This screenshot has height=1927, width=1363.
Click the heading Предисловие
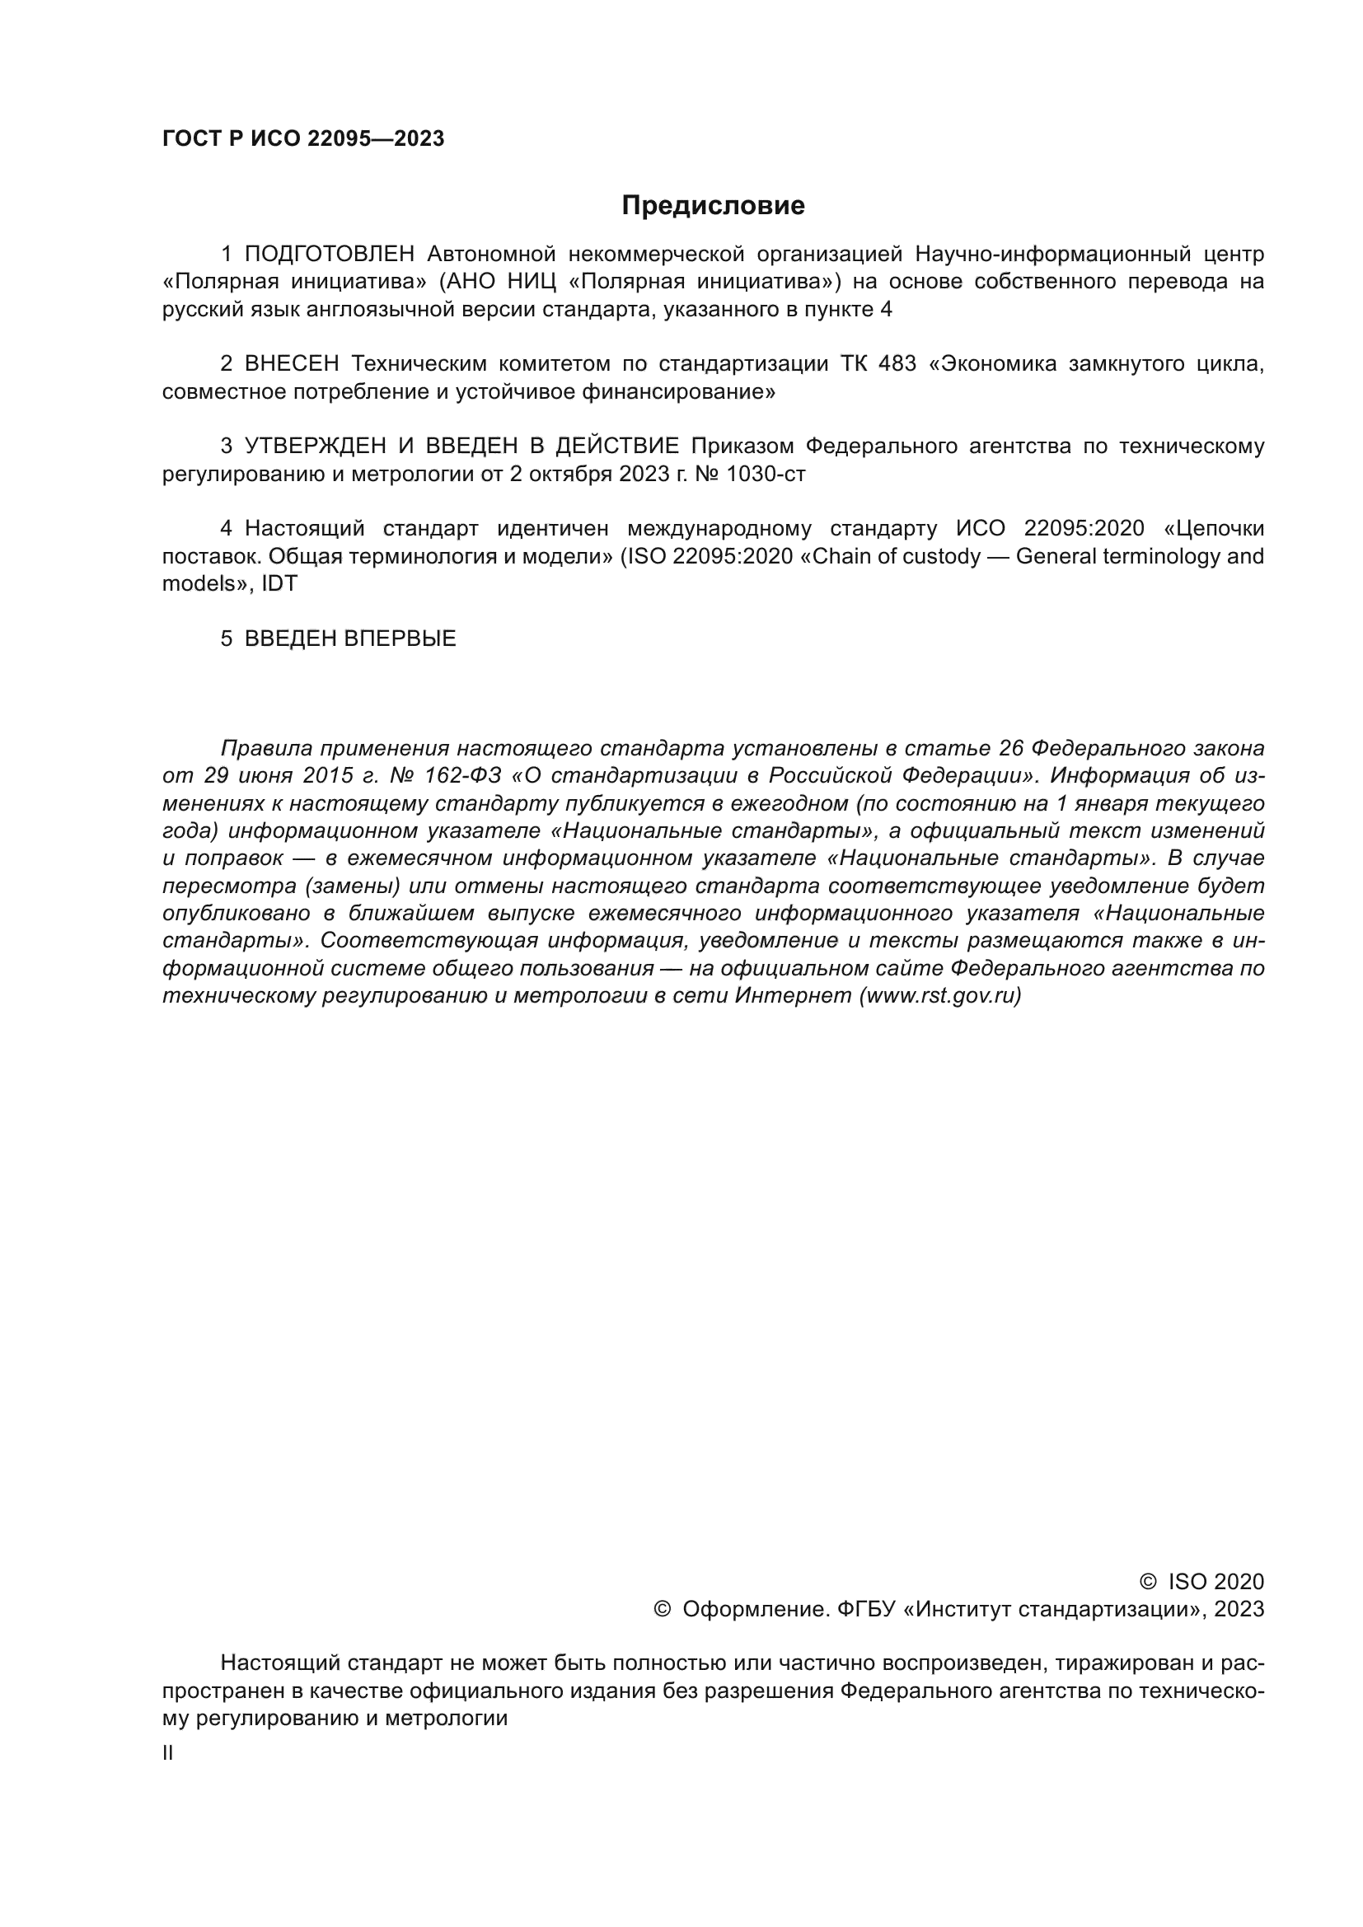pos(713,206)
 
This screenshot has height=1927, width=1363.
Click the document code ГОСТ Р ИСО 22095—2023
pos(303,139)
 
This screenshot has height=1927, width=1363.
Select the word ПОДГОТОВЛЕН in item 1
pos(329,254)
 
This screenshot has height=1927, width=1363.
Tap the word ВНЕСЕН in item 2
pos(291,363)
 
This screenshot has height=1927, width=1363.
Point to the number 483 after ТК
pos(897,363)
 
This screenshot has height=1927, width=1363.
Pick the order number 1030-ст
pos(766,475)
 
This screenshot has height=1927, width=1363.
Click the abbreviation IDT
pos(279,584)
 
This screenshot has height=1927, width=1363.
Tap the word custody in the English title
pos(941,556)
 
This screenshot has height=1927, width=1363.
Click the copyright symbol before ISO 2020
pos(1147,1582)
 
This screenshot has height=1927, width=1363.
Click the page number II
pos(168,1753)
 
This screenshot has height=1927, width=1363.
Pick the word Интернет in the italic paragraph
pos(793,996)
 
